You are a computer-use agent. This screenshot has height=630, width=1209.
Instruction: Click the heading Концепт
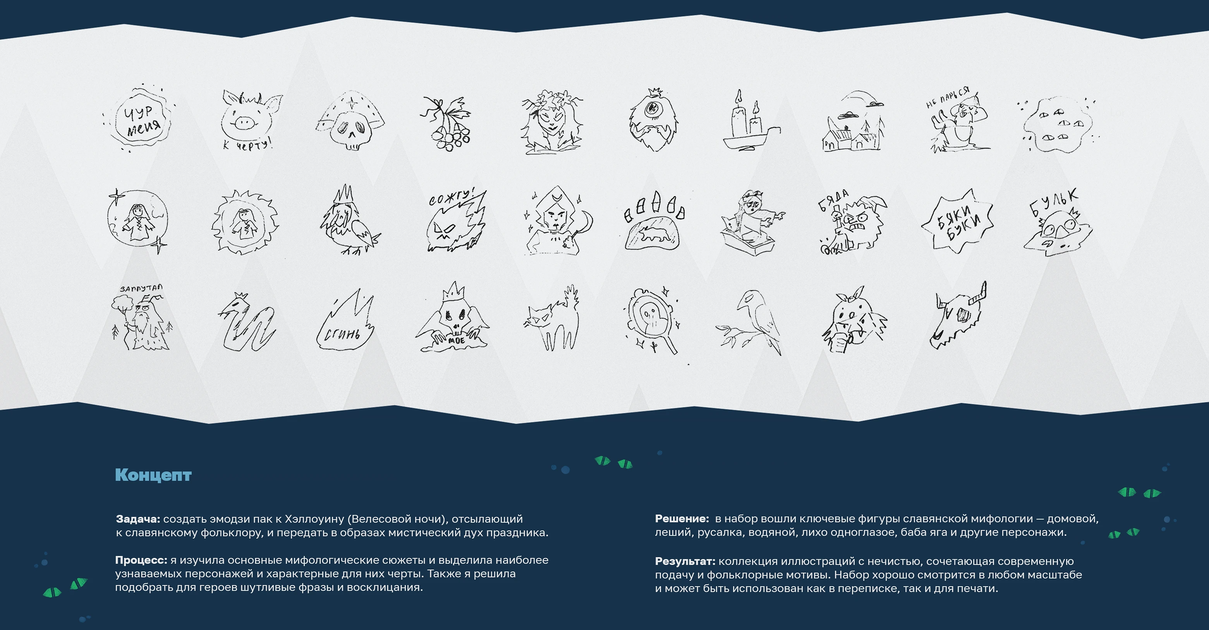click(153, 475)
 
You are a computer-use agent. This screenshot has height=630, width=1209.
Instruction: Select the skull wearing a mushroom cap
click(350, 120)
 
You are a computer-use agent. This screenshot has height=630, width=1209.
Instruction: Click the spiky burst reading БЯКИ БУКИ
click(957, 221)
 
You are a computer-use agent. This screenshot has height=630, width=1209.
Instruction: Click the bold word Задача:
click(138, 519)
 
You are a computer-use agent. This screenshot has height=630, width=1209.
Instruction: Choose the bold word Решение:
click(682, 519)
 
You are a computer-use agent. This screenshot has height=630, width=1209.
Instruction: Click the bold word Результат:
click(685, 561)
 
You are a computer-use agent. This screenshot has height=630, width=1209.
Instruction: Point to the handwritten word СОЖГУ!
click(452, 197)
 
